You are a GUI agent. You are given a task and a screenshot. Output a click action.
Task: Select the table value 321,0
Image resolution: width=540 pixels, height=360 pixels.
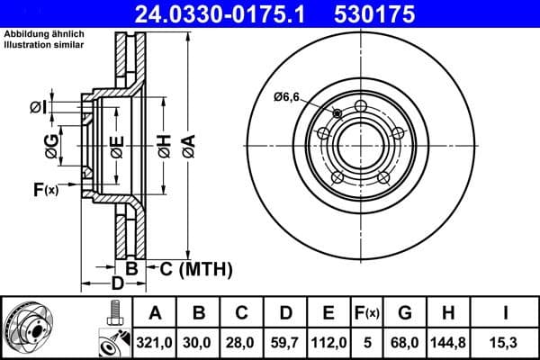[x=156, y=341]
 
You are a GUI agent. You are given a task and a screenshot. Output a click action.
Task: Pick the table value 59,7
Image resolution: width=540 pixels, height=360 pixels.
[x=285, y=341]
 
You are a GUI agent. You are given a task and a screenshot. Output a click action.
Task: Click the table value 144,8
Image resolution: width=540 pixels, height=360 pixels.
[x=448, y=341]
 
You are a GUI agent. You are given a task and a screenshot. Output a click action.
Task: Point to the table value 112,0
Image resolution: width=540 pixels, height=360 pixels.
[x=328, y=341]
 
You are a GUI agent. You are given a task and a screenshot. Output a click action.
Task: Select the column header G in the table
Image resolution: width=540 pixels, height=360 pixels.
[x=405, y=313]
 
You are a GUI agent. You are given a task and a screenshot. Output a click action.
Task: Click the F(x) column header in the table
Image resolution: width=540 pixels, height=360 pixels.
[x=368, y=313]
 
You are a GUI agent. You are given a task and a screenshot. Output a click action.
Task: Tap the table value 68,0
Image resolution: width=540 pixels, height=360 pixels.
[x=405, y=341]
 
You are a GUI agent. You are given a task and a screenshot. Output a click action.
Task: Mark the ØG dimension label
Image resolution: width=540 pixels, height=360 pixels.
[x=52, y=145]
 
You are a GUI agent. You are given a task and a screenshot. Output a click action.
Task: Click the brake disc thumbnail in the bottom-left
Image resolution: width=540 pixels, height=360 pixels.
[x=36, y=328]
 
